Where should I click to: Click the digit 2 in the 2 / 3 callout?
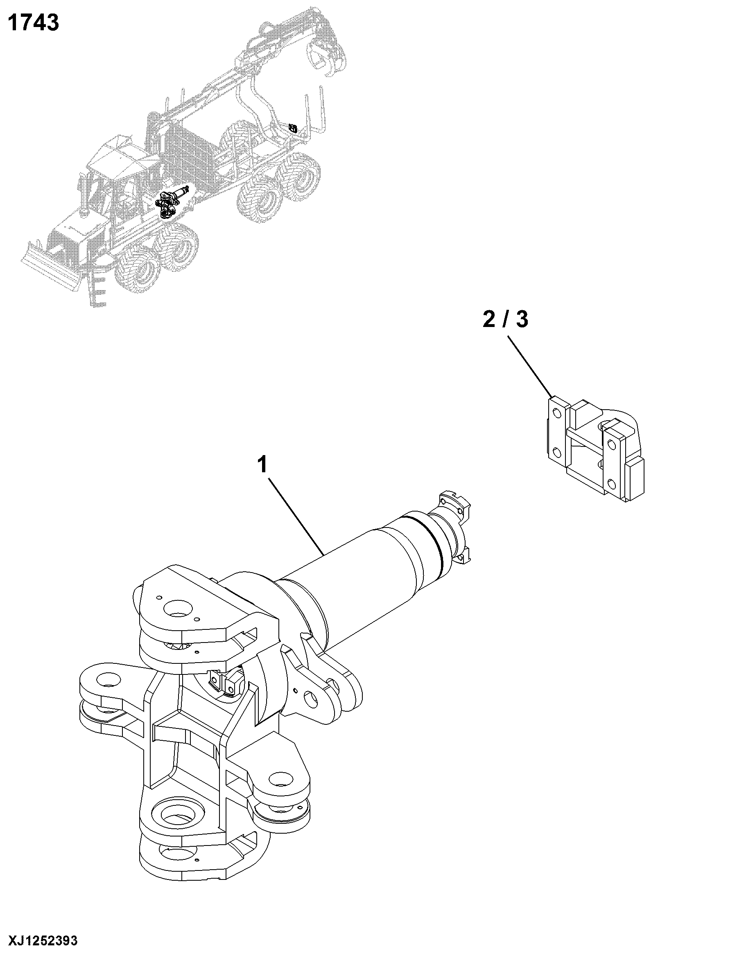tap(489, 320)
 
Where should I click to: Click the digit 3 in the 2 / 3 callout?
tap(522, 320)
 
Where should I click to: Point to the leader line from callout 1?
tap(296, 517)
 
